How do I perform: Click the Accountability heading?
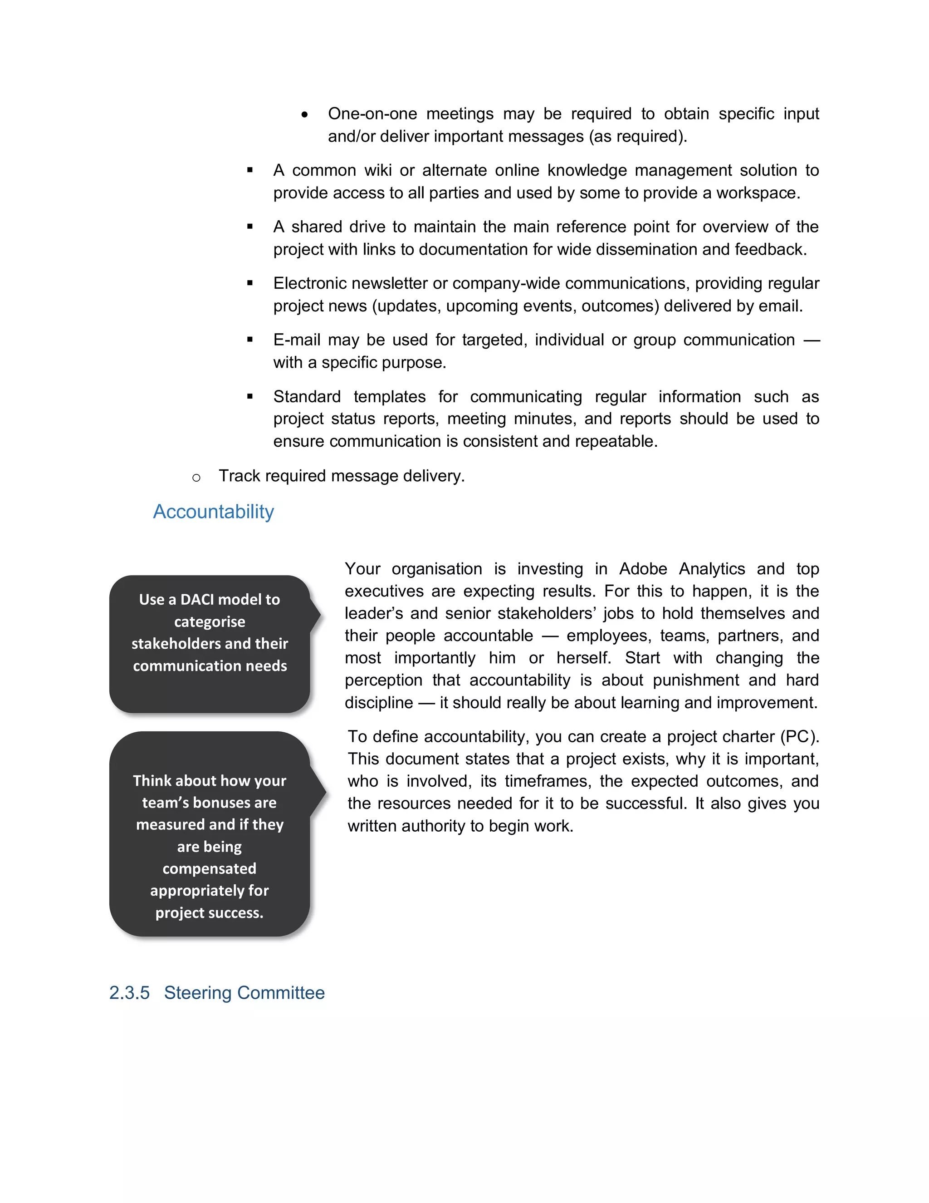(x=213, y=512)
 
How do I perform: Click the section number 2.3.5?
(x=129, y=992)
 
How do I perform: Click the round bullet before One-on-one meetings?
(x=304, y=114)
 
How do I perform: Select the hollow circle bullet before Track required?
(x=196, y=478)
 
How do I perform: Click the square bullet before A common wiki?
(x=250, y=170)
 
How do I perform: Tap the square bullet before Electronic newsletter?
(x=250, y=283)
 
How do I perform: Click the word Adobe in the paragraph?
(x=643, y=568)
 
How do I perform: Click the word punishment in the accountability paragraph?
(x=696, y=680)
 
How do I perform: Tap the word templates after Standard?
(x=389, y=397)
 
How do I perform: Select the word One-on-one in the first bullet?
(x=372, y=113)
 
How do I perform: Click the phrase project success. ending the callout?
(x=209, y=913)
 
